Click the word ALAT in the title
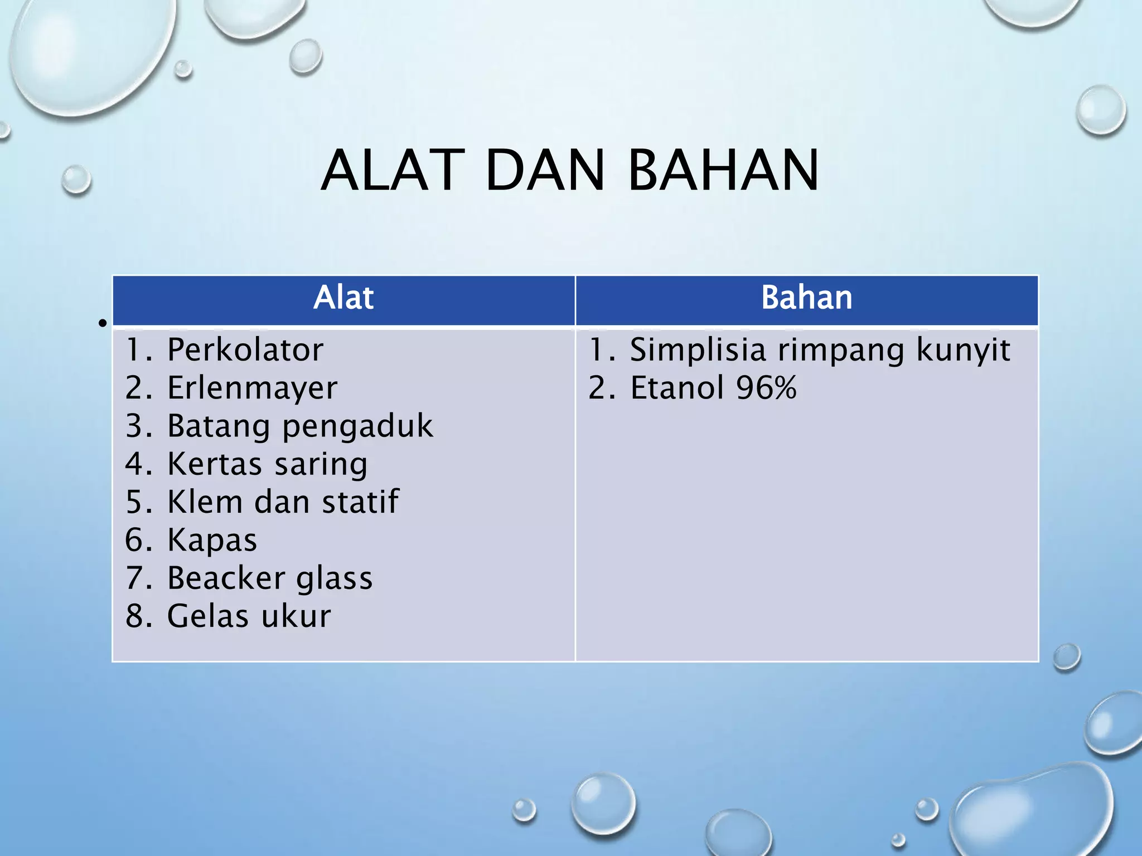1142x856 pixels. point(393,171)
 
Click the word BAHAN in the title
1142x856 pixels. point(723,171)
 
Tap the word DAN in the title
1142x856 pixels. point(545,171)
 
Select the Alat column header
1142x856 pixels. point(343,298)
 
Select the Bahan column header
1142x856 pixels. point(806,298)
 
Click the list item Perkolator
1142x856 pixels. point(245,350)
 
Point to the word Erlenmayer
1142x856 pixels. point(252,388)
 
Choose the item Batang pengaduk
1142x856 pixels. point(299,426)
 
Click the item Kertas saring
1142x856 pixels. point(267,464)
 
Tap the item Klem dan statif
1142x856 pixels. point(283,502)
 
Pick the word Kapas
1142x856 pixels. point(212,540)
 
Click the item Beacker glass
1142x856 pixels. point(269,578)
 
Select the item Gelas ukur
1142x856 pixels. point(249,616)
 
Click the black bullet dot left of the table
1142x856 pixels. point(101,323)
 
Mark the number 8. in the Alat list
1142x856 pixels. point(138,616)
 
